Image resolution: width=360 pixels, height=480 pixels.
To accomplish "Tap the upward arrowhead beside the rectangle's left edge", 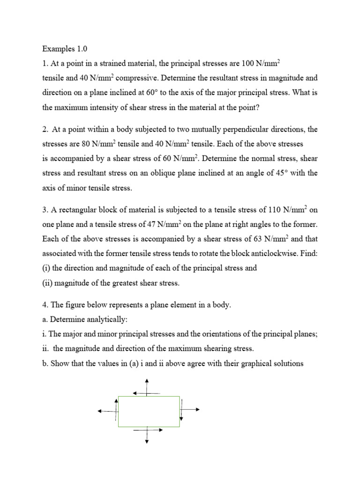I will pos(117,400).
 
